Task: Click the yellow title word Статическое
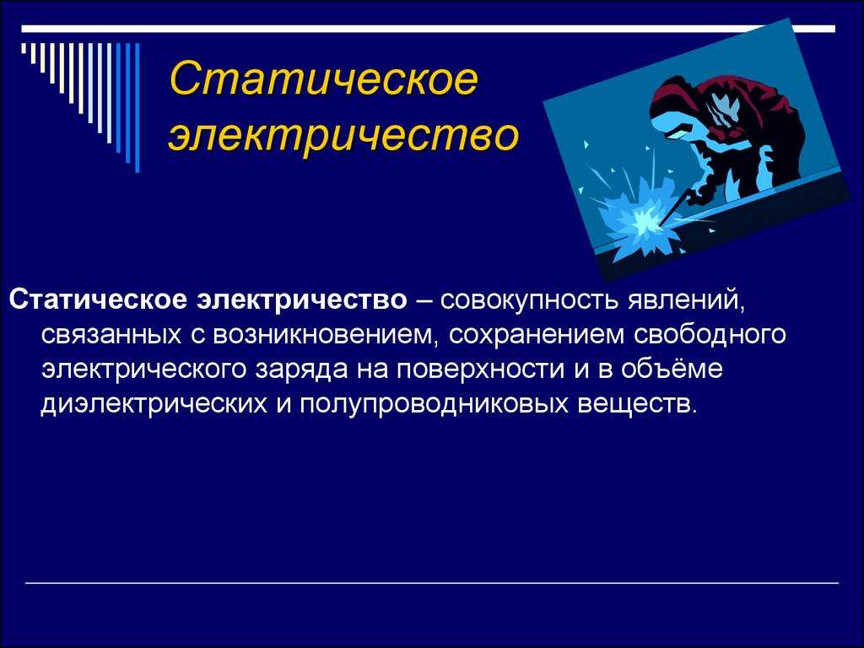pyautogui.click(x=323, y=78)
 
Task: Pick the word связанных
pyautogui.click(x=111, y=334)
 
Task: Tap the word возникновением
pyautogui.click(x=326, y=334)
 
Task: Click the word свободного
pyautogui.click(x=709, y=334)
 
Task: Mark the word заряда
pyautogui.click(x=301, y=370)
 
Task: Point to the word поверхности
pyautogui.click(x=479, y=370)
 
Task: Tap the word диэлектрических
pyautogui.click(x=154, y=404)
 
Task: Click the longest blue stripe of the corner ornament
pyautogui.click(x=138, y=107)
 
